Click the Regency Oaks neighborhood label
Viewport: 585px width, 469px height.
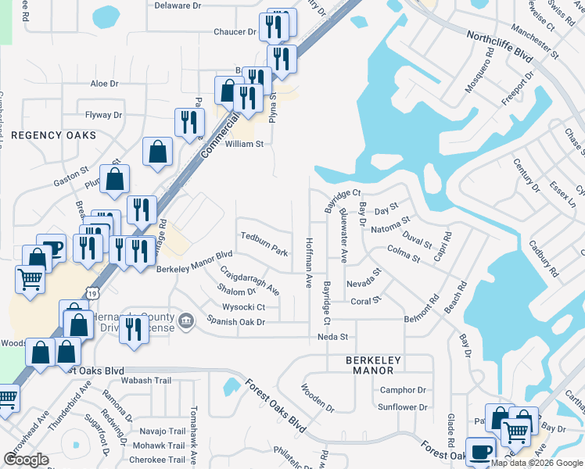(x=53, y=135)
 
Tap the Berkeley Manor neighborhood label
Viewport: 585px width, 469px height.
(x=373, y=365)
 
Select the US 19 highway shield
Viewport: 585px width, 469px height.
(x=92, y=292)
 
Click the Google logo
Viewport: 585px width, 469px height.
(x=27, y=460)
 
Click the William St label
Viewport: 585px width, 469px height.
(x=245, y=145)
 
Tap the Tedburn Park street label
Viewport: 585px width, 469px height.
(x=264, y=243)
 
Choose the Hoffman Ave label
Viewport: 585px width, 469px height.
(x=309, y=261)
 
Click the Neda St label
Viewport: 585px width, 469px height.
(x=332, y=337)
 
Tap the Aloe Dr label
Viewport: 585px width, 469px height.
(x=104, y=84)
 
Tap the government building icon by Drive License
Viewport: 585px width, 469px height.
(x=186, y=320)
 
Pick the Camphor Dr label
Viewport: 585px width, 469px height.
(x=403, y=390)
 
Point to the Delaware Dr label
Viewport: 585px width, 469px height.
(x=178, y=5)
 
